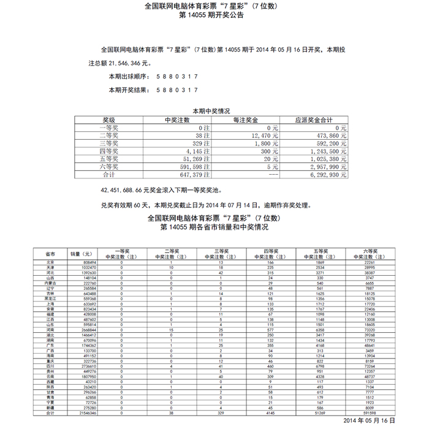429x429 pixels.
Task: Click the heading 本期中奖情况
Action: tap(211, 111)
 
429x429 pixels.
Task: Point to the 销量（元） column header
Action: tap(82, 254)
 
